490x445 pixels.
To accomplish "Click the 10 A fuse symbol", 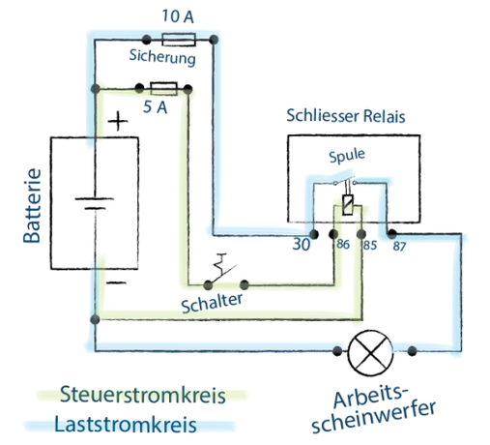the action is pos(179,40).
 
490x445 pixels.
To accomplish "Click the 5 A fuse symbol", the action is pos(163,89).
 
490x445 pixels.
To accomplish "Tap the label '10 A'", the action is pos(178,16).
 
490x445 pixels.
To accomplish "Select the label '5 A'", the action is pos(155,106).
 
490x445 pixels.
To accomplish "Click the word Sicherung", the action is pos(162,57).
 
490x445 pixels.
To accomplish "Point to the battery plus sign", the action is pos(118,121).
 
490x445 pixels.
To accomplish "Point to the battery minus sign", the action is pos(116,282).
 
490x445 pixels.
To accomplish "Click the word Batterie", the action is pos(32,206).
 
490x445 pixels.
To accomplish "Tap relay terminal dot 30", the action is pos(314,234).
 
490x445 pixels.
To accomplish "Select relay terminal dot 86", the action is pos(333,234).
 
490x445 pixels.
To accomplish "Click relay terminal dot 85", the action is pos(361,234).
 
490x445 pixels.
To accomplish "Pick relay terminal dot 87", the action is pos(391,233).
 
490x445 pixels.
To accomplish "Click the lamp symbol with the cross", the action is pos(371,352).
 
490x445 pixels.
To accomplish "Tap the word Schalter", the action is pos(212,303).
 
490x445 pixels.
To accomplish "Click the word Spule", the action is pos(347,156).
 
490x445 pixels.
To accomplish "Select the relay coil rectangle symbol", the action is pos(348,205).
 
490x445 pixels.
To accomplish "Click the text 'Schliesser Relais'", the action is pos(346,116).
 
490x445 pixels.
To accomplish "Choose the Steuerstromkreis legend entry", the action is pos(142,395).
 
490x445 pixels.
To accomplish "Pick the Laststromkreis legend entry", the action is pos(126,425).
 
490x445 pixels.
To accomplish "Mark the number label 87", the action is pos(399,247).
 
